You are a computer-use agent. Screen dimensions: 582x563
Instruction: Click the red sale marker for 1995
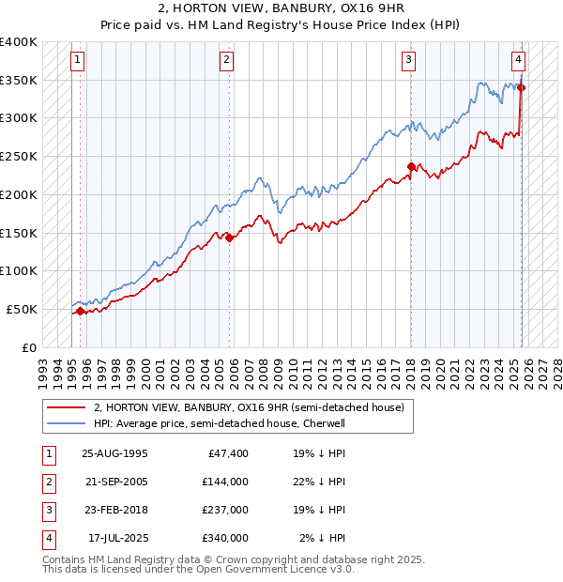[x=80, y=311]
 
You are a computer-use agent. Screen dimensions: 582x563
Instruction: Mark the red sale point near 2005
[x=231, y=237]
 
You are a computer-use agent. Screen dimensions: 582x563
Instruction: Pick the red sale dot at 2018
[x=411, y=167]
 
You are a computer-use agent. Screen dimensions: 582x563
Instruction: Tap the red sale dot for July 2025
[x=522, y=88]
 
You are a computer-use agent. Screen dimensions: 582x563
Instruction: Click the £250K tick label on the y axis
[x=19, y=157]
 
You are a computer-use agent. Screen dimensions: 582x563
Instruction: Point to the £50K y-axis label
[x=22, y=309]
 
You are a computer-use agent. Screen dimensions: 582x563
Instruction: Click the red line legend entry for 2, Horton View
[x=249, y=407]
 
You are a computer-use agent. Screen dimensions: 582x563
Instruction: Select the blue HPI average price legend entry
[x=220, y=423]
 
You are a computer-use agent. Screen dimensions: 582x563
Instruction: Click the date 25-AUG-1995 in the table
[x=114, y=453]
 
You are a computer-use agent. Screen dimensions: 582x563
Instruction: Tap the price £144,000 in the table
[x=224, y=482]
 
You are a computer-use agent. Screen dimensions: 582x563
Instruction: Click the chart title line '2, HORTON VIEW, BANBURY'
[x=281, y=11]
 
